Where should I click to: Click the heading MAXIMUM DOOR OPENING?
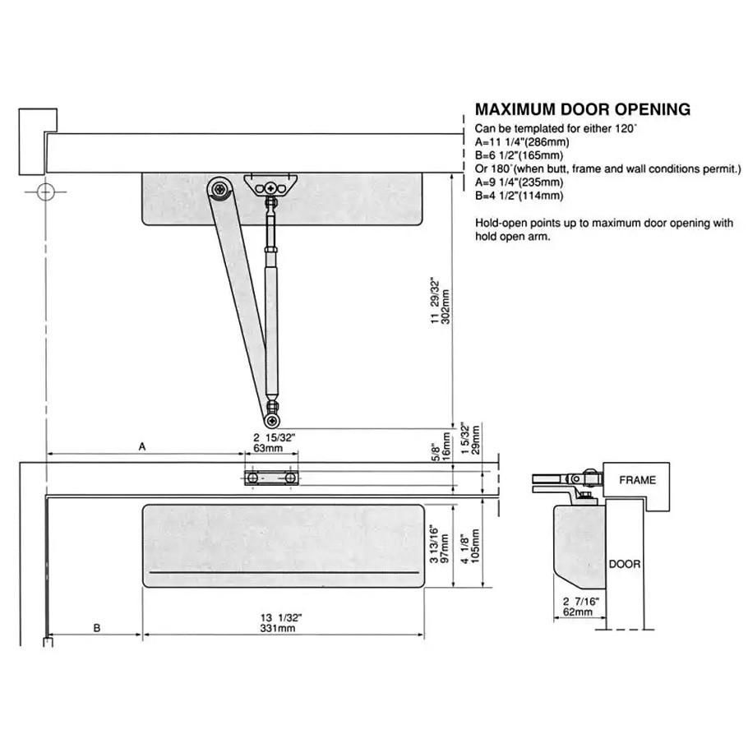tap(583, 109)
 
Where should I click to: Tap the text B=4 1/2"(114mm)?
tap(519, 195)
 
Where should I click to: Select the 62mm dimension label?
tap(578, 612)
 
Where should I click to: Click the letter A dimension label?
tap(141, 446)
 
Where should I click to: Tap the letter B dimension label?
tap(96, 627)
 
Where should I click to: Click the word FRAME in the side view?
tap(637, 480)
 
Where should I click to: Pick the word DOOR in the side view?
tap(624, 565)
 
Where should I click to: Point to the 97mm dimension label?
tap(445, 543)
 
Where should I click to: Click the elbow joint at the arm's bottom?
tap(272, 407)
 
